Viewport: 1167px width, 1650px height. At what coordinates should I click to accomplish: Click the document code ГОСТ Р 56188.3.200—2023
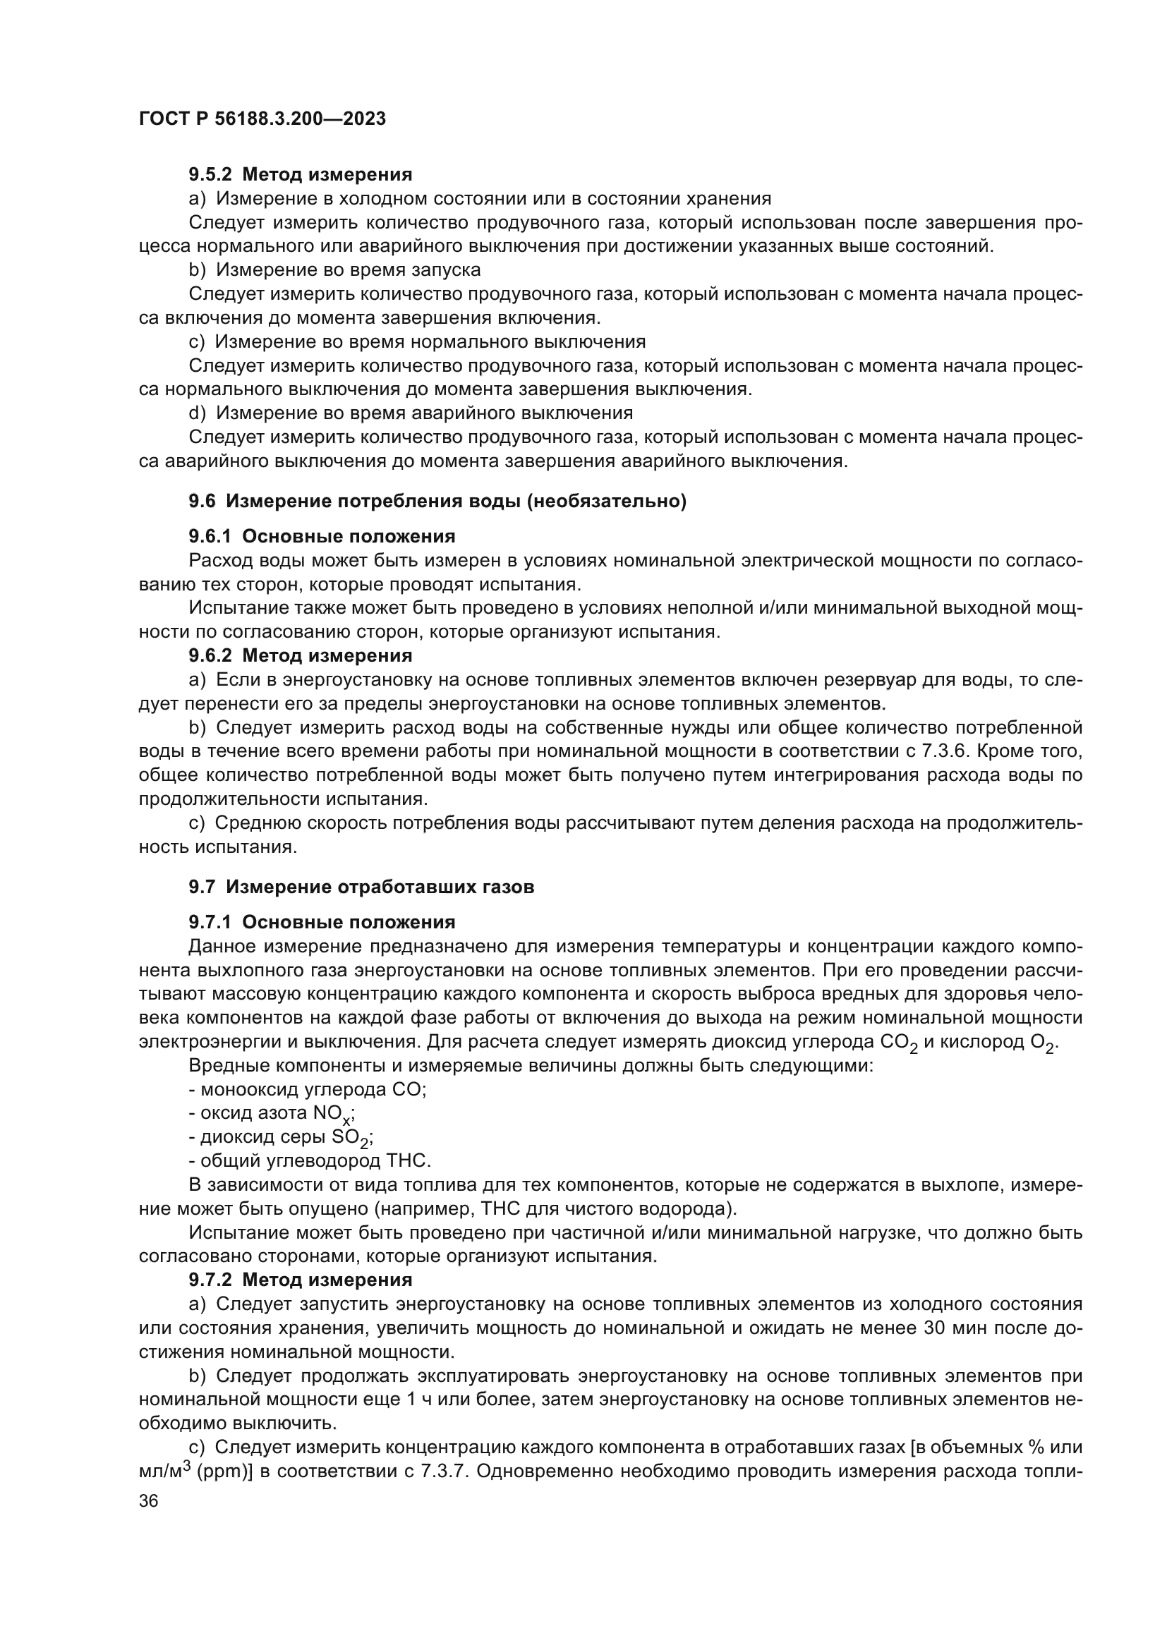point(262,119)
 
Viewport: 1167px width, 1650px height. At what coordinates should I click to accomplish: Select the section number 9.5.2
point(210,174)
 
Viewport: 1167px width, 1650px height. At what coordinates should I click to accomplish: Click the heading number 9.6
point(202,501)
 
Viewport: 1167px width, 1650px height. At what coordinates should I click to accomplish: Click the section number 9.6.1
point(210,536)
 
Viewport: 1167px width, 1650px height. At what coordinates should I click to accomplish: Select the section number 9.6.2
point(210,655)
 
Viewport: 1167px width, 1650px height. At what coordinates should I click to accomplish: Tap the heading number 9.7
point(202,887)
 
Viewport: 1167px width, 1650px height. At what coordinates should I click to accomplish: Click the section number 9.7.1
point(210,922)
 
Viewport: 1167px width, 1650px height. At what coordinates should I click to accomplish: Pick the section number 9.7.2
point(210,1280)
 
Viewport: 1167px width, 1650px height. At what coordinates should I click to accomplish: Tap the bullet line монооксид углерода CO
point(308,1089)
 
